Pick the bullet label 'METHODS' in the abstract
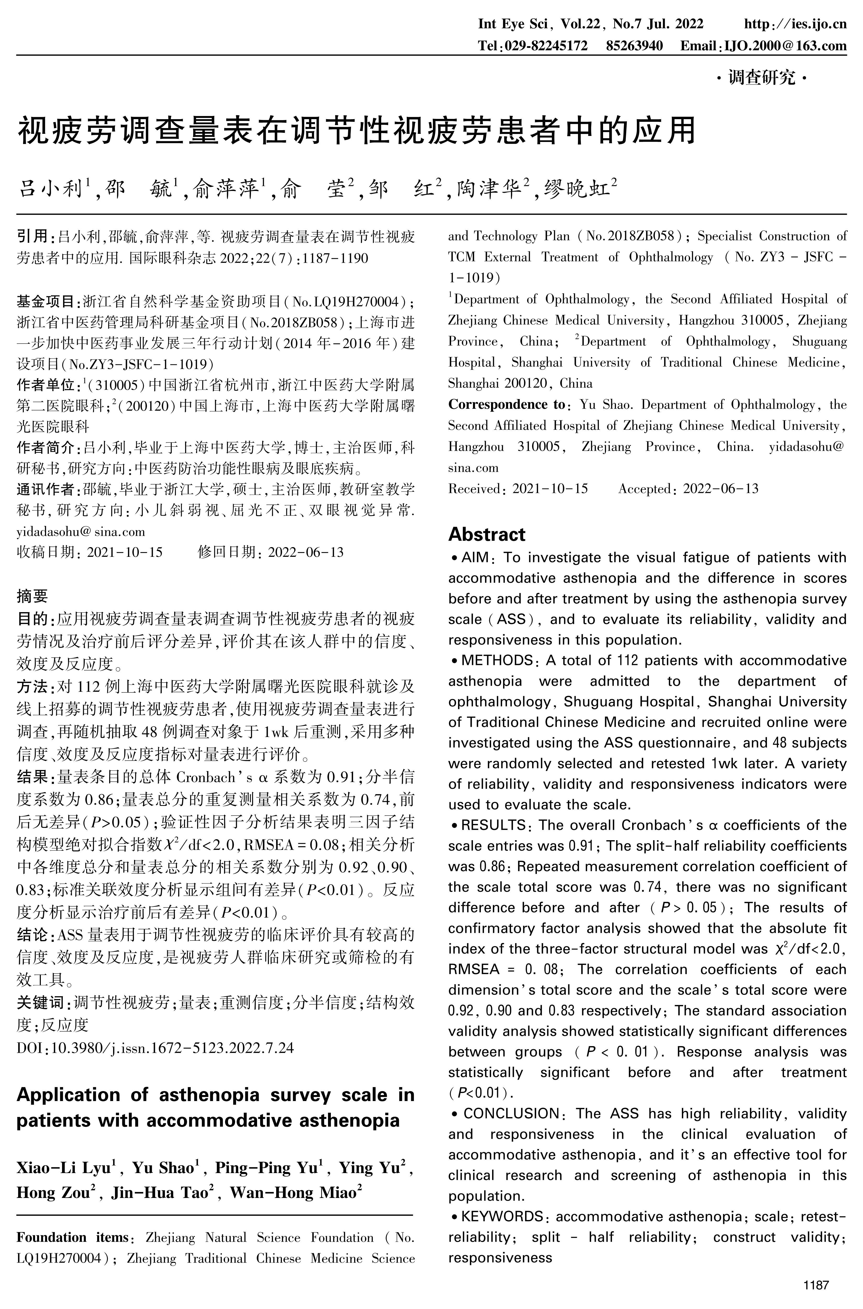coord(497,660)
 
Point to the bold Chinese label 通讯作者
coord(48,489)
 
